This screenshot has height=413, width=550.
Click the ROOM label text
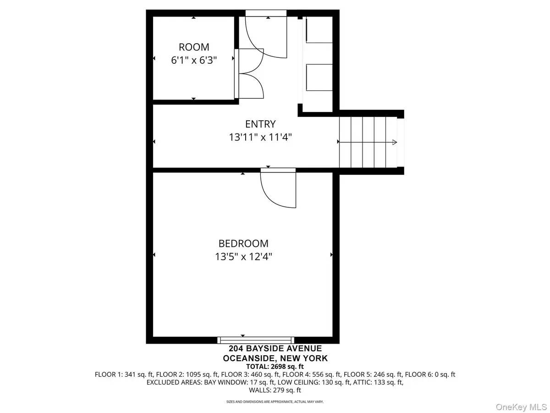point(194,47)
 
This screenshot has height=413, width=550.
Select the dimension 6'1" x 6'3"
point(194,60)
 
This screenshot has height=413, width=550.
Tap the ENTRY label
point(260,124)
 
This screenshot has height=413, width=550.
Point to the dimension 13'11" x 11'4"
point(260,137)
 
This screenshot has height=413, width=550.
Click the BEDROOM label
point(243,244)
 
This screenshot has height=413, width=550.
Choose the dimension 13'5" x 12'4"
point(243,257)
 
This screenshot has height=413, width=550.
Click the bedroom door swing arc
point(275,193)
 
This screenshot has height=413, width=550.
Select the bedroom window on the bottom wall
point(255,340)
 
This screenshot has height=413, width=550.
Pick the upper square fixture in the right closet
point(319,30)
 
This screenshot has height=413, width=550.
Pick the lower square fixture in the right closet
point(319,78)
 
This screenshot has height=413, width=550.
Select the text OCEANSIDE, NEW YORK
point(275,358)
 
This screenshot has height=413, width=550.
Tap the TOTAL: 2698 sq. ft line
point(275,366)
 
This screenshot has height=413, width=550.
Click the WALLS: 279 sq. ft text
point(275,391)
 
